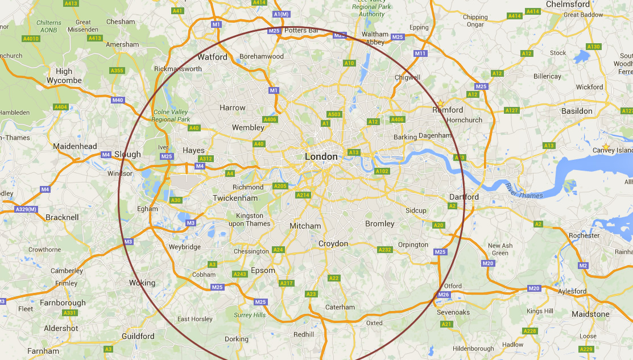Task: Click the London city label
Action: click(321, 156)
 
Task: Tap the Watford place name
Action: click(212, 57)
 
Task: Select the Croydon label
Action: click(333, 243)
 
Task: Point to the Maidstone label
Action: click(590, 314)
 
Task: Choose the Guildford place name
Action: click(138, 336)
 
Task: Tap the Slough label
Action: click(127, 154)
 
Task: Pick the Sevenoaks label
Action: click(453, 312)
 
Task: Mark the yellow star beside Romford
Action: click(440, 103)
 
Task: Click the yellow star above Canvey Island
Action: click(606, 147)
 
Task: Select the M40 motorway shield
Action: click(118, 101)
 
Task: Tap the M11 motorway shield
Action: click(420, 53)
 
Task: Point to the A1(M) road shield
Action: click(281, 14)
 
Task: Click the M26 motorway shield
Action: click(444, 295)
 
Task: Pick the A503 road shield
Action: click(334, 114)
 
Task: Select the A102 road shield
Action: click(382, 171)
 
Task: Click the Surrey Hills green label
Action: click(250, 315)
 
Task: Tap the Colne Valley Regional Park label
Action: click(172, 115)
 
